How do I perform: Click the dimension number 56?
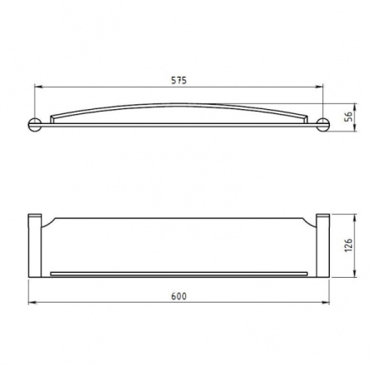click(350, 117)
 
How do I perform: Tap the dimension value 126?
click(350, 246)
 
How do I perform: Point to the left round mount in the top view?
click(36, 126)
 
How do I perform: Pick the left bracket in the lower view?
click(36, 246)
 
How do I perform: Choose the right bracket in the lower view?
click(324, 246)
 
